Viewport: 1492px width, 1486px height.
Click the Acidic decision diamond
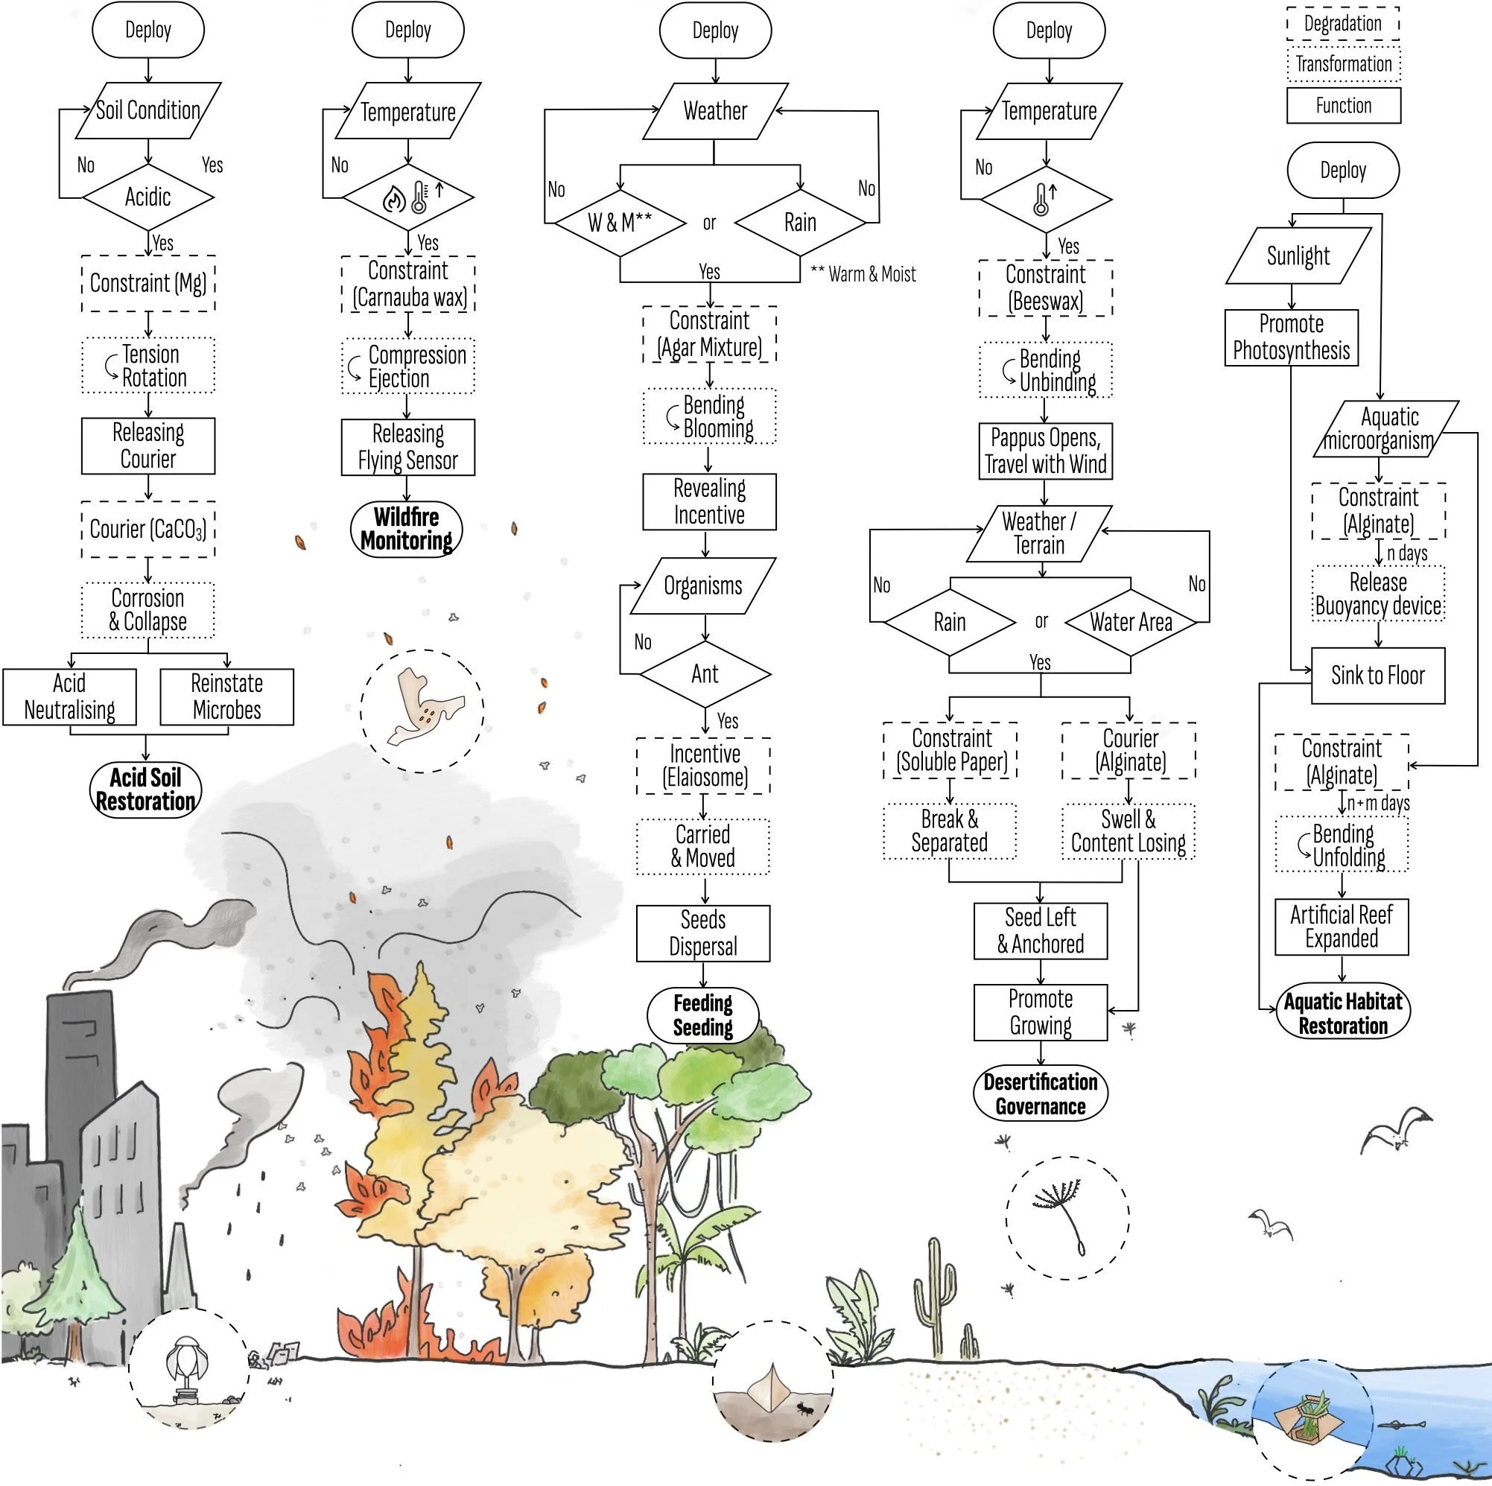tap(147, 197)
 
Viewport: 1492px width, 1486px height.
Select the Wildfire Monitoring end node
tap(407, 529)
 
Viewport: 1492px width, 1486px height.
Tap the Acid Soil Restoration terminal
tap(146, 789)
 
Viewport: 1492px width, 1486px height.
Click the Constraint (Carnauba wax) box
tap(408, 285)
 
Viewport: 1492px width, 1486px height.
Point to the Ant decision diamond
tap(705, 673)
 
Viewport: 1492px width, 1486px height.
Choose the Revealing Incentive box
tap(709, 501)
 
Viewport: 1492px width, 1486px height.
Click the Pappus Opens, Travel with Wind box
tap(1045, 451)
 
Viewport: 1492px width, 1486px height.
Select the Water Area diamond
tap(1131, 622)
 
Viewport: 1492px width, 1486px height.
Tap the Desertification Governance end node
tap(1041, 1093)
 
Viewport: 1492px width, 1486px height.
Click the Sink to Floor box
tap(1378, 676)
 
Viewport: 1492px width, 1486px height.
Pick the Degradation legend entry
tap(1343, 24)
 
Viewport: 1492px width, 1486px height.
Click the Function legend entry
tap(1343, 105)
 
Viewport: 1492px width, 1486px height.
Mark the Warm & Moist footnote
tap(863, 274)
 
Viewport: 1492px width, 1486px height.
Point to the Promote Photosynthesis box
tap(1291, 337)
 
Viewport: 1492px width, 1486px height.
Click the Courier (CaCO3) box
tap(148, 529)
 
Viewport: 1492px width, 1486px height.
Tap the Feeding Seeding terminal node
tap(702, 1015)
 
